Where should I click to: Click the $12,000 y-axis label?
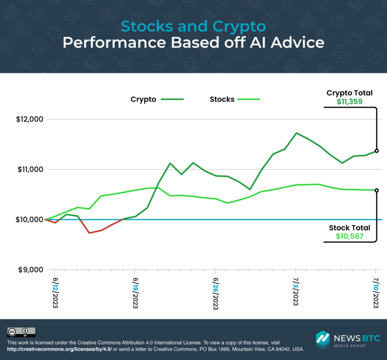(29, 120)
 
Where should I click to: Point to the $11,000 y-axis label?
(29, 169)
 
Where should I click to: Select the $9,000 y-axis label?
(30, 270)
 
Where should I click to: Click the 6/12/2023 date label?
(55, 292)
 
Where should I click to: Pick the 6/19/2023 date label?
(135, 292)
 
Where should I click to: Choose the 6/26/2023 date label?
(215, 292)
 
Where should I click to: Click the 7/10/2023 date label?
(376, 292)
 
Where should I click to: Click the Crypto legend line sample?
(172, 99)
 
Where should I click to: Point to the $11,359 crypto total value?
(350, 102)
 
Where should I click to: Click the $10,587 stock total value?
(350, 236)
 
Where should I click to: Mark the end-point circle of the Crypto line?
(377, 151)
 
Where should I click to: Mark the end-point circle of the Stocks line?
(377, 190)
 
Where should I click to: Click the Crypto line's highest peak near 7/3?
(296, 133)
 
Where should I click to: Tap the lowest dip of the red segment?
(89, 233)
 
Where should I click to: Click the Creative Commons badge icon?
(21, 332)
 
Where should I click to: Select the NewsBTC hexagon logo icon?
(323, 340)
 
